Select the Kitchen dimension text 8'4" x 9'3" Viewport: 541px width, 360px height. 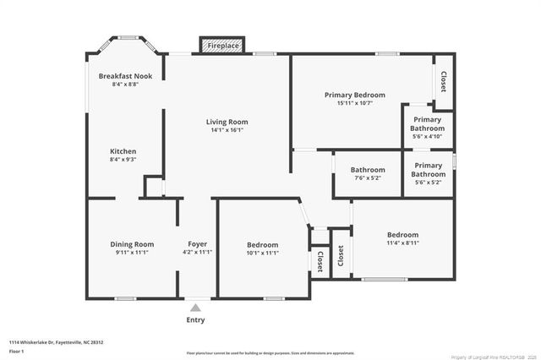tap(123, 159)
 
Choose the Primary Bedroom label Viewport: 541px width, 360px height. tap(355, 95)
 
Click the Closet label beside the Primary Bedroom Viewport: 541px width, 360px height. tap(444, 82)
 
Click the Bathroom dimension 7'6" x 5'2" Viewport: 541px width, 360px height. tap(368, 178)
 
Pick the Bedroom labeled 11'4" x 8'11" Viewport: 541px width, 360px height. tap(402, 235)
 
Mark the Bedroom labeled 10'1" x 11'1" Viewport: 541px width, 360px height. tap(262, 245)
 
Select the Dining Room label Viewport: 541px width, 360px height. tap(133, 243)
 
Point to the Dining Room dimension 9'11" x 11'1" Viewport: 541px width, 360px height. tap(132, 252)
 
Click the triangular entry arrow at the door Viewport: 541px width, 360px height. tap(196, 308)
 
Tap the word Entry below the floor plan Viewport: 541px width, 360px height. tap(195, 320)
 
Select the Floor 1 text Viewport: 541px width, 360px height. tap(17, 350)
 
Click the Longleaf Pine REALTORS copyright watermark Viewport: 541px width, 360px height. tap(487, 356)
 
